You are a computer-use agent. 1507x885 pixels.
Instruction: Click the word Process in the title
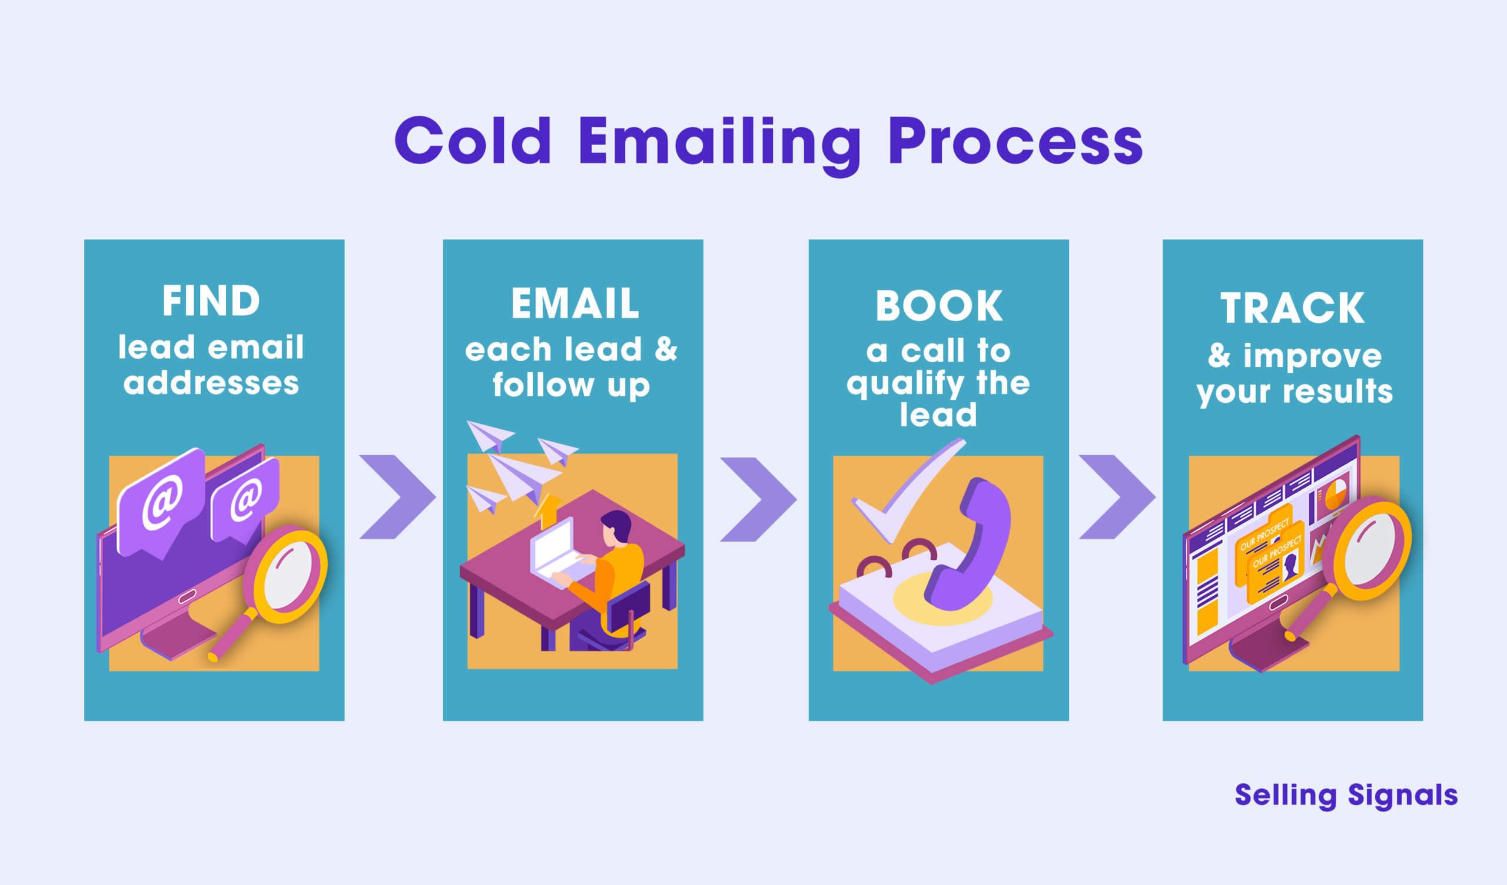(1015, 142)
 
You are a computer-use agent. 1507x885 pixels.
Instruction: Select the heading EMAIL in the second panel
(575, 303)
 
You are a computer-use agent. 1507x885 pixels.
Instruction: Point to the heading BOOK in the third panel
(938, 306)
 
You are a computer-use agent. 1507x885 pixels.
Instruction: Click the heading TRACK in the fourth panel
(1292, 308)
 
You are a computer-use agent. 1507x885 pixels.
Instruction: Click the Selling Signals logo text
(1346, 796)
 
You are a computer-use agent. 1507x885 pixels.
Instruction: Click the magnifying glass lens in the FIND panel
(288, 574)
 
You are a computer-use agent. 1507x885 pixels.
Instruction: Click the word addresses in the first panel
(211, 383)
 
